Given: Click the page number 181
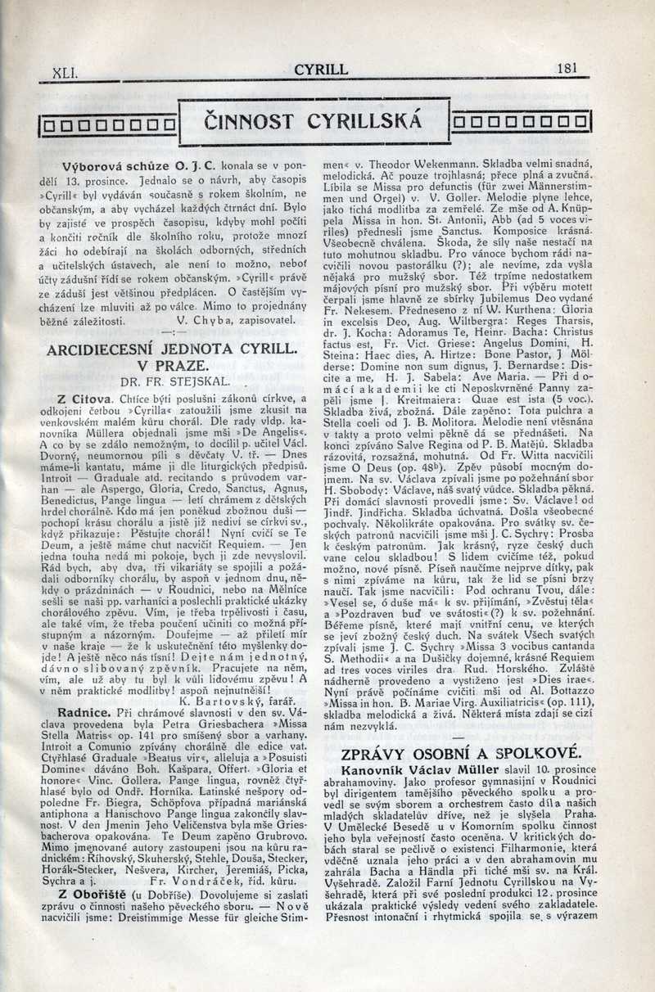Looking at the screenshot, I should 565,69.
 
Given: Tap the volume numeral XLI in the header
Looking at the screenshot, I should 64,72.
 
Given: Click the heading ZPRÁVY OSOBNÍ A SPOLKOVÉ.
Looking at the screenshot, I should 461,753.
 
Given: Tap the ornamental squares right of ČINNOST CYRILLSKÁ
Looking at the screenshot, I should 522,124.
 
